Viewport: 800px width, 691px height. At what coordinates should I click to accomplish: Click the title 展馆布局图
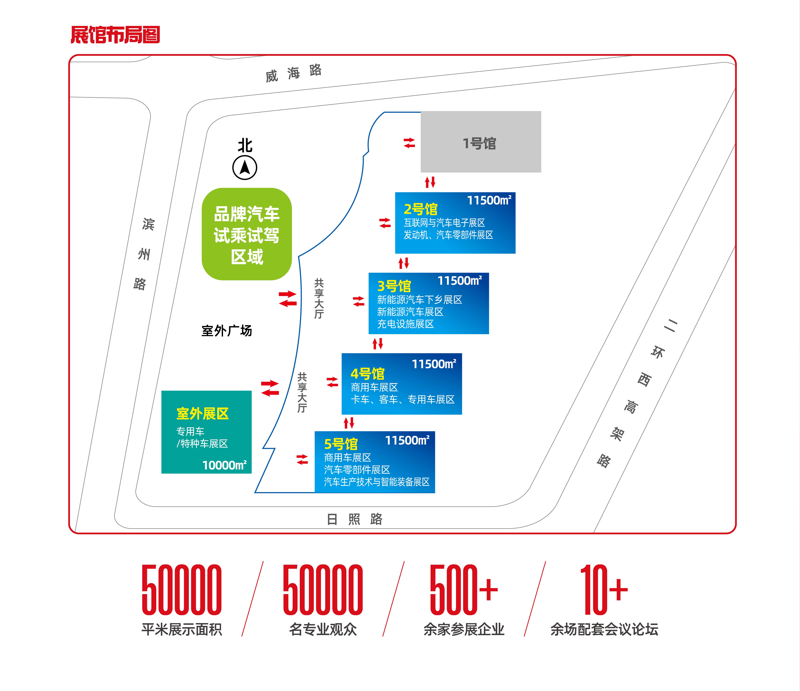click(115, 35)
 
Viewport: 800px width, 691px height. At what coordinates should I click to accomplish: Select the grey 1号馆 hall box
click(481, 142)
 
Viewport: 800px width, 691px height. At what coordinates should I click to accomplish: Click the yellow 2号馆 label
click(420, 209)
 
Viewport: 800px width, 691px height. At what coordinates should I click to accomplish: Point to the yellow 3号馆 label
click(394, 286)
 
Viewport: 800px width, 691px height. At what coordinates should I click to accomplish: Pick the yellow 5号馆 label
click(341, 444)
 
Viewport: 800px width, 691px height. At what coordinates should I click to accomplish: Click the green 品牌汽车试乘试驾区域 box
click(247, 234)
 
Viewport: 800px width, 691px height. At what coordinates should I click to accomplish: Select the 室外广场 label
click(227, 331)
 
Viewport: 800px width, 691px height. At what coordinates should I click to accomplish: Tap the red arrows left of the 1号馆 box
click(409, 143)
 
